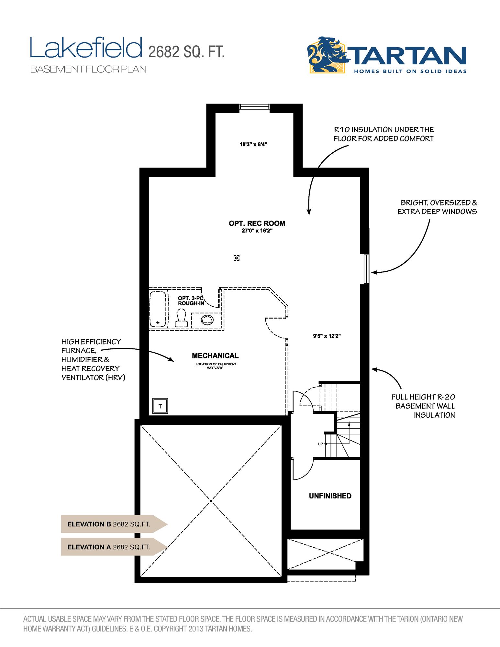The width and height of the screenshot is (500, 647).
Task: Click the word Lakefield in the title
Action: point(86,48)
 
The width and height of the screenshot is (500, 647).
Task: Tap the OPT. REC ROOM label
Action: point(257,223)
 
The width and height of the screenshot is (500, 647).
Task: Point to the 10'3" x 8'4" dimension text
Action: point(253,145)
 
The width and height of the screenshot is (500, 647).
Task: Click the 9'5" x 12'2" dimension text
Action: point(327,336)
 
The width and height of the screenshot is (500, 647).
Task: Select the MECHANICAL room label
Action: point(215,356)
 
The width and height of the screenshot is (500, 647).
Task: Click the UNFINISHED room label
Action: point(330,496)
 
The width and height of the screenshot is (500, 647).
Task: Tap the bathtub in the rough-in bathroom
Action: point(158,309)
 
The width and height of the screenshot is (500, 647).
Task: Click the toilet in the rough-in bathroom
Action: point(181,318)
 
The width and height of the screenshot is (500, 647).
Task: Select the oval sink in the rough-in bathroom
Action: point(207,320)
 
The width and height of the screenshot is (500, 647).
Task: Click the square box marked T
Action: point(160,406)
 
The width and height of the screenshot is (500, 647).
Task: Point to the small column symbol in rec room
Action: point(237,258)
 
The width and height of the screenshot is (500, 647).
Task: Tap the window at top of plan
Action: point(254,107)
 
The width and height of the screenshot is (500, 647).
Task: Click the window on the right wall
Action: point(366,269)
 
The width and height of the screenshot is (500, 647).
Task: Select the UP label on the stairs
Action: point(320,444)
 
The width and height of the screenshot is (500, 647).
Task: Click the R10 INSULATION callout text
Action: point(383,134)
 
